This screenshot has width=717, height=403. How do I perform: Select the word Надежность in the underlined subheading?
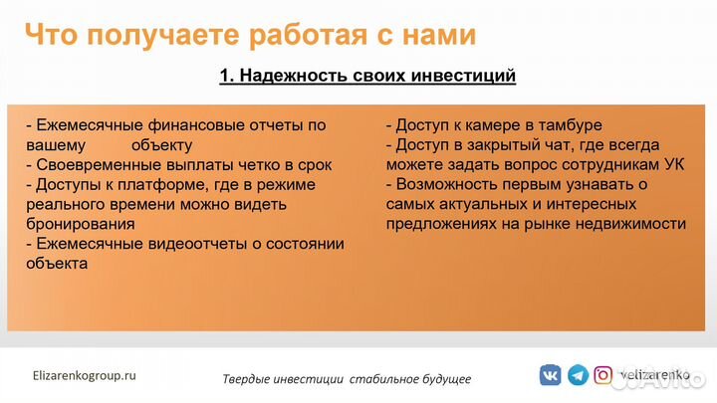pyautogui.click(x=295, y=77)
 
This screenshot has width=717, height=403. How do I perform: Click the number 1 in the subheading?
pyautogui.click(x=225, y=77)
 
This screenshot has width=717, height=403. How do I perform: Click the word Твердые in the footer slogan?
pyautogui.click(x=247, y=379)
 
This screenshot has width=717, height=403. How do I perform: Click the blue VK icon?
pyautogui.click(x=550, y=375)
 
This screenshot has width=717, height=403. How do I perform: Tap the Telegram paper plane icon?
pyautogui.click(x=578, y=375)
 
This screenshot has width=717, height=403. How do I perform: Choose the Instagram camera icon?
pyautogui.click(x=603, y=375)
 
